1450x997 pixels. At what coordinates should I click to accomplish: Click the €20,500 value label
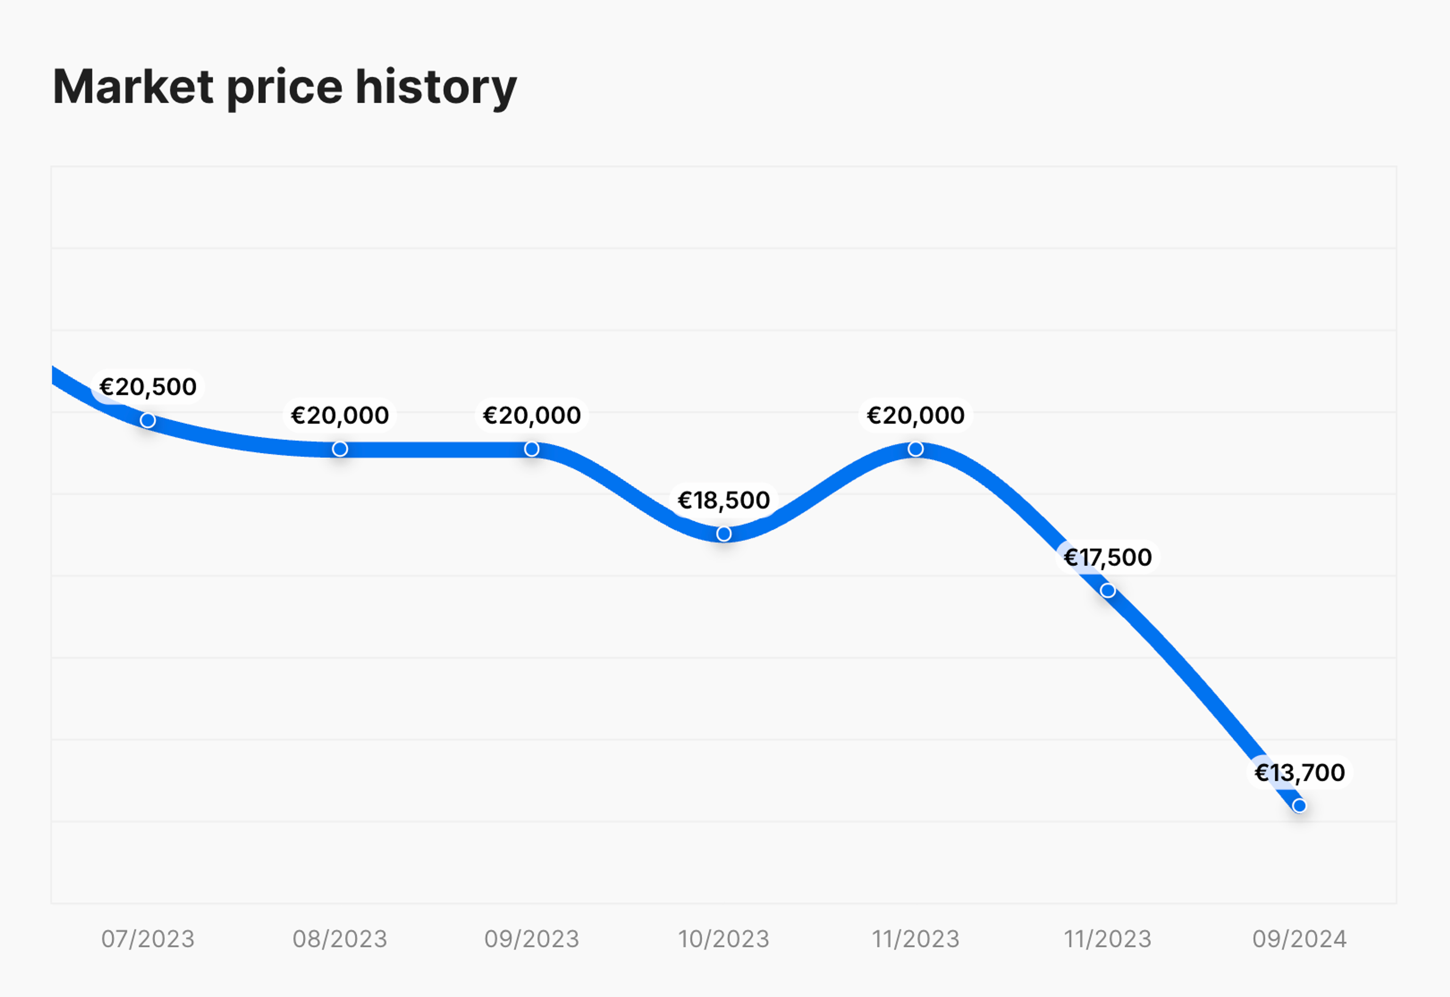click(148, 387)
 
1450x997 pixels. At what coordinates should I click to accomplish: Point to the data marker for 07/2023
click(148, 420)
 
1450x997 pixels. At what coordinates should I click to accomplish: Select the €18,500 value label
click(724, 500)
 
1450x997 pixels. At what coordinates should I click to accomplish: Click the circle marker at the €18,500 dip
click(724, 534)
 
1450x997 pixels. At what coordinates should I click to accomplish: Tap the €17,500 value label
click(1108, 557)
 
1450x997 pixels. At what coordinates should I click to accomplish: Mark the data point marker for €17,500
click(1108, 590)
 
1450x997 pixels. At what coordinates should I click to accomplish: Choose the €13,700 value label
click(1299, 773)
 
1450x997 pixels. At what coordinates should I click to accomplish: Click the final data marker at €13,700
click(1299, 806)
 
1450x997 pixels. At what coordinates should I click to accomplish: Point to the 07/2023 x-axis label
click(148, 939)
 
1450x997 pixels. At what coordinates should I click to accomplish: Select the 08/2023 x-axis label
click(340, 939)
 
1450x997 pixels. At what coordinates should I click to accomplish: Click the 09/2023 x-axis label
click(532, 939)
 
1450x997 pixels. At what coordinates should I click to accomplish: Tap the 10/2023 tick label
click(724, 939)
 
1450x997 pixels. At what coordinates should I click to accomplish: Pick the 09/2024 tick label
click(1299, 939)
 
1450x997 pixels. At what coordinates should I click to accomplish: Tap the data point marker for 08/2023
click(340, 449)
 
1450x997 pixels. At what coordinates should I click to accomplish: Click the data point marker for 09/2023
click(532, 449)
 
